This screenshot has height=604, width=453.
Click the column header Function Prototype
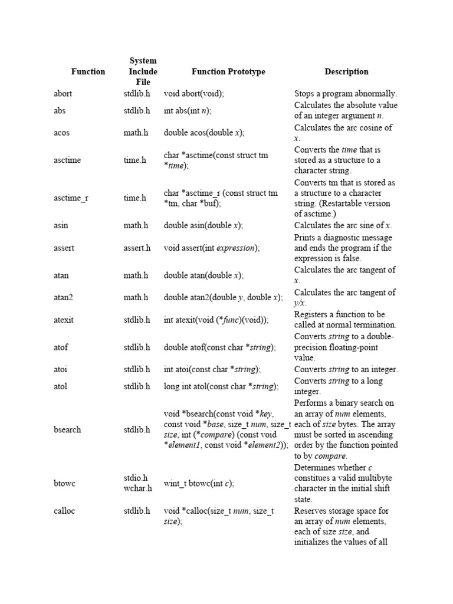click(228, 72)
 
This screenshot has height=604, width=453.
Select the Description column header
click(346, 72)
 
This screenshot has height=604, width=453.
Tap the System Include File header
click(143, 71)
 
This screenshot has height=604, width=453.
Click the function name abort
click(63, 93)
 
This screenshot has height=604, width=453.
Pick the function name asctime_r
click(71, 198)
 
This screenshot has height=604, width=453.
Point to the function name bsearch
click(67, 430)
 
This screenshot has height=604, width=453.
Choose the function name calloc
click(64, 511)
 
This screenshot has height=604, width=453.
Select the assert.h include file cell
click(137, 248)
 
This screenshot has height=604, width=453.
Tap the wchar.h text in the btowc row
click(137, 488)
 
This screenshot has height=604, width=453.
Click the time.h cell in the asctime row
click(134, 160)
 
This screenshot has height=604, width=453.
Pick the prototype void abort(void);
click(194, 93)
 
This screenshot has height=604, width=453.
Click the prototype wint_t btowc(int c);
click(199, 484)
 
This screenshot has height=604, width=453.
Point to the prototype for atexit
click(216, 320)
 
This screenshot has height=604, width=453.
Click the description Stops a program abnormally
click(346, 93)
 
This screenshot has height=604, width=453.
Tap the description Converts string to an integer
click(346, 370)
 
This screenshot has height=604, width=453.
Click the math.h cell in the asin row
click(136, 225)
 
